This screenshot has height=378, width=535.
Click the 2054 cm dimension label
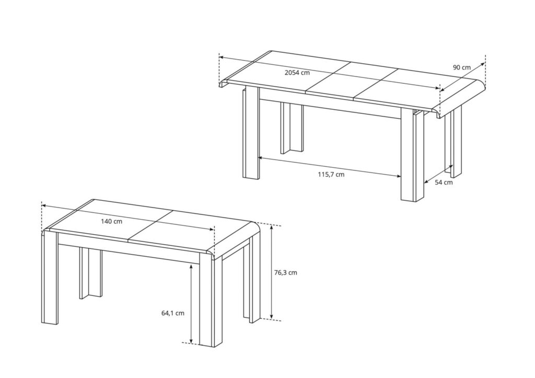297,73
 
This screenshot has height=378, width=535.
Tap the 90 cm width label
462,67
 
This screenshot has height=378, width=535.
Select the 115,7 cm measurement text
331,175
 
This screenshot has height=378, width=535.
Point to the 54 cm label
444,182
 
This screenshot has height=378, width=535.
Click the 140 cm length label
111,221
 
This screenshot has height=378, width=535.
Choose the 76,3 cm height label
285,272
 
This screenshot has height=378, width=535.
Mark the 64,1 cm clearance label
172,313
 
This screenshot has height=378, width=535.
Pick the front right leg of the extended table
412,157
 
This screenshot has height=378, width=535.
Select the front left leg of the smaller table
51,277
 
